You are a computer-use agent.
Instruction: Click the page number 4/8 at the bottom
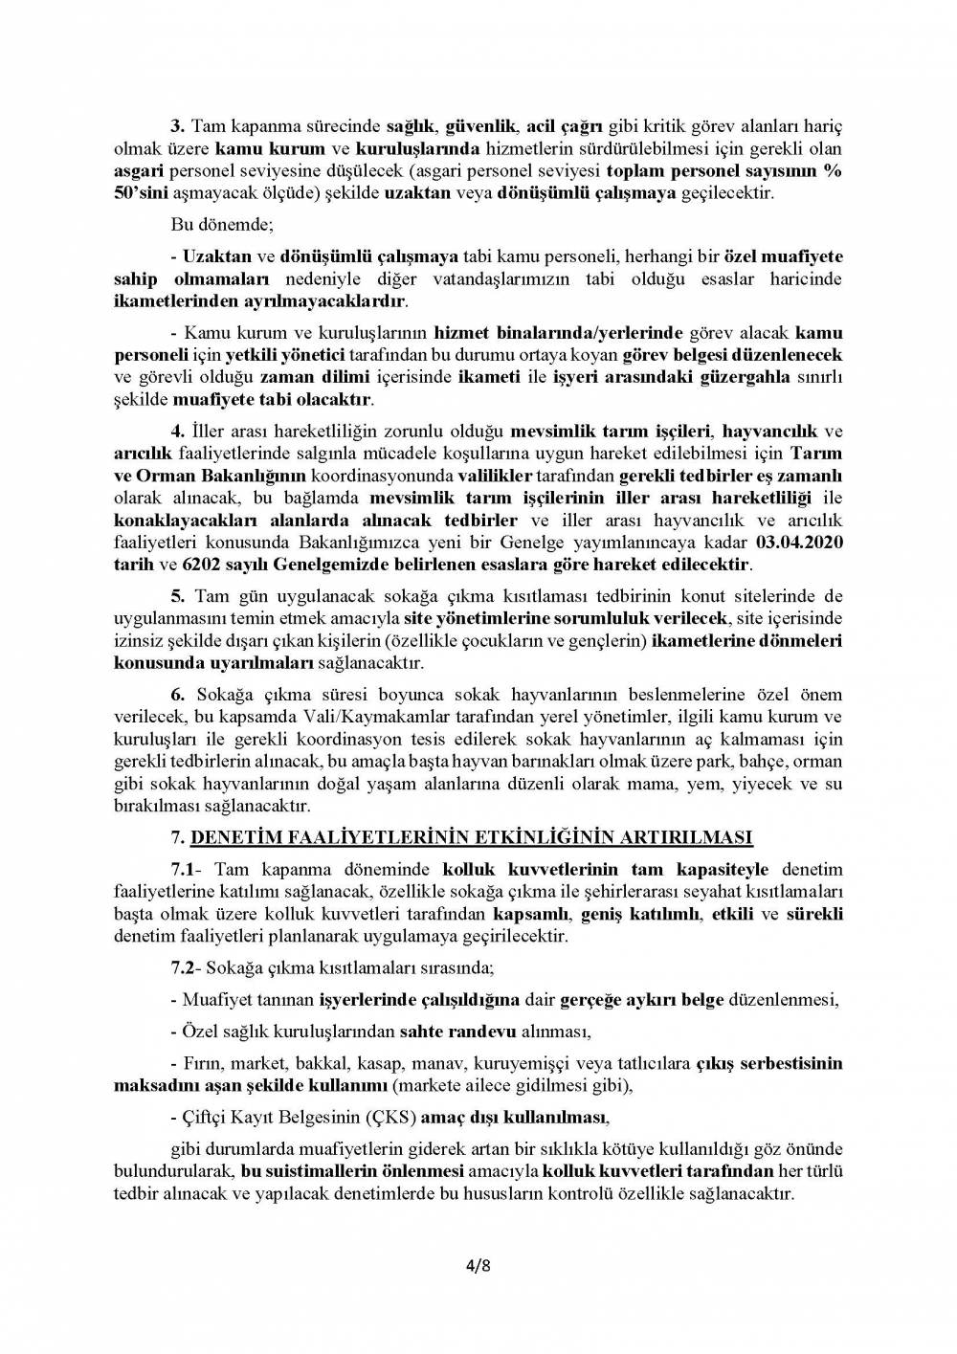(478, 1268)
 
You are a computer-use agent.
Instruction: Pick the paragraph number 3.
(176, 126)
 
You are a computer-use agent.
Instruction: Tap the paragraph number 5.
(176, 596)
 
